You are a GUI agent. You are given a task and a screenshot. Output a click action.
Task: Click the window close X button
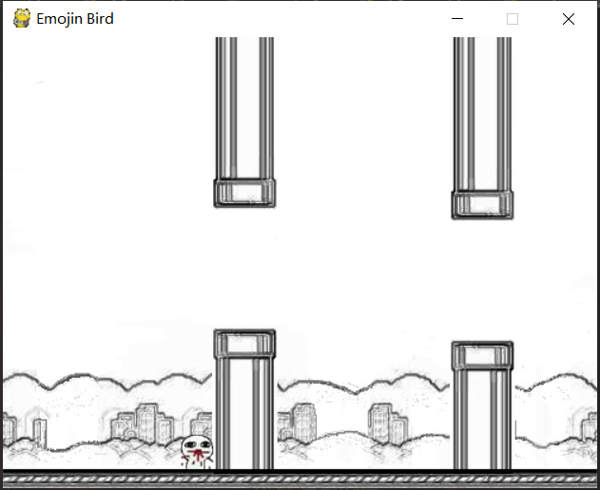569,19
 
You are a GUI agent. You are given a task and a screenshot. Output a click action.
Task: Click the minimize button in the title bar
457,18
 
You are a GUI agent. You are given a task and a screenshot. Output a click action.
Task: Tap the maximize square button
513,19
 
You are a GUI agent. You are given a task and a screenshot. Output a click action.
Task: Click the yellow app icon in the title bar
22,18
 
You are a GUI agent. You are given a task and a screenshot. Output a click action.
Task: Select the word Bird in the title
100,18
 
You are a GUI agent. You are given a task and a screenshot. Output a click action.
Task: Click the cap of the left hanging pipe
244,193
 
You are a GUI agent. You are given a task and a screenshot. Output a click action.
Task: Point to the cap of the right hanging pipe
482,205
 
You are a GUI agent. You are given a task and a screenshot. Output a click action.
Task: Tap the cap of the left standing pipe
244,344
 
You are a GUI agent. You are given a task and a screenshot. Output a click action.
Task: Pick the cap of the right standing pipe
482,356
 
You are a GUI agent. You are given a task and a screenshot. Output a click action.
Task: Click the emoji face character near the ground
197,452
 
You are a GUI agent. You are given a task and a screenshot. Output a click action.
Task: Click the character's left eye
190,445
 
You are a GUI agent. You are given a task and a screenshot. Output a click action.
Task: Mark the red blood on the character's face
198,456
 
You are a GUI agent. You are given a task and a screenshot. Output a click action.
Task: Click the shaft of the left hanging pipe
244,108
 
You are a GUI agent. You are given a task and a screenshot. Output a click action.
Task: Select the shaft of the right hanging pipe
482,114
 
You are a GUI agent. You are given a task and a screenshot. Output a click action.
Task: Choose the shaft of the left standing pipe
244,414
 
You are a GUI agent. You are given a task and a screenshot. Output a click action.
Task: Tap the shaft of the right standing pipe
482,420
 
